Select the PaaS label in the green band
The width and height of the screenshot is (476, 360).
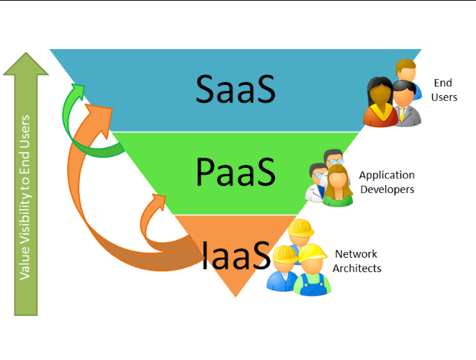point(235,173)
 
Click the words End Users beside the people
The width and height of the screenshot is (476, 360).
point(444,90)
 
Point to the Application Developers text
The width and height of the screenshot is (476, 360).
point(387,182)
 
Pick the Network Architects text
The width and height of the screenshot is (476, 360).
point(356,261)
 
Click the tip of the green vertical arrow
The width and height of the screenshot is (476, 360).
point(26,56)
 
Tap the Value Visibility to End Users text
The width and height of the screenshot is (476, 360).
point(26,197)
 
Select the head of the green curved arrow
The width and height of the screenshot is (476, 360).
point(75,91)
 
